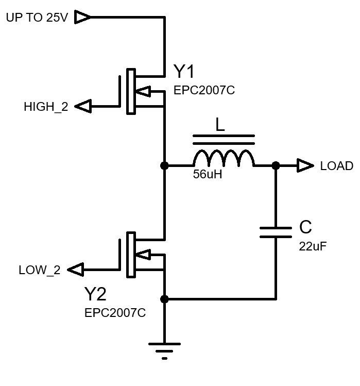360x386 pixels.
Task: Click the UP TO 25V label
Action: coord(37,18)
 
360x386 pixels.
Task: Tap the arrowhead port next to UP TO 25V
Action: coord(83,18)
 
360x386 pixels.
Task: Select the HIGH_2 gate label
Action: coord(46,107)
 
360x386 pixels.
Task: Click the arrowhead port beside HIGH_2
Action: coord(83,107)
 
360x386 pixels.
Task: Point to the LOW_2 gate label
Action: coord(39,270)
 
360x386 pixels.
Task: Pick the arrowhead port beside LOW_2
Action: coord(76,270)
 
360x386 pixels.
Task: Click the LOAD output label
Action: coord(336,166)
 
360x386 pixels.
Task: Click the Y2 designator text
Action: coord(96,294)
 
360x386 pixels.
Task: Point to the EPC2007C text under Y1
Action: coord(204,91)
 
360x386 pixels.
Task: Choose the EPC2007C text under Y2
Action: coord(115,313)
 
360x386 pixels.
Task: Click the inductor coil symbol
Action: coord(224,158)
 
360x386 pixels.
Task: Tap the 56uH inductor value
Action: coord(208,175)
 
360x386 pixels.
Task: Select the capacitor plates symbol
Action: coord(276,231)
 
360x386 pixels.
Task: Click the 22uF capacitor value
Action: coord(313,246)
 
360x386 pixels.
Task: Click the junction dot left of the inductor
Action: coord(164,165)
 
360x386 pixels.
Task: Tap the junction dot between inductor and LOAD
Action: coord(276,165)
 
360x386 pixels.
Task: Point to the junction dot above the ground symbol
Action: coord(164,299)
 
